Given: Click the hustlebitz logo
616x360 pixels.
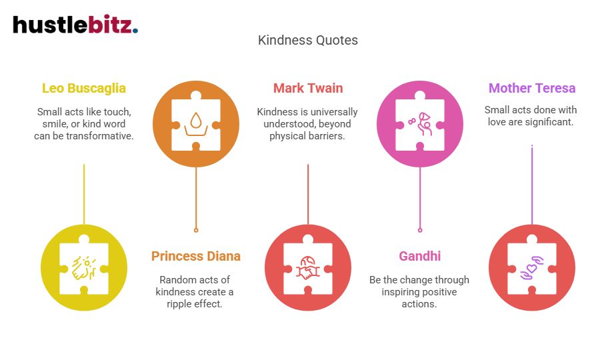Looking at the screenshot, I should tap(75, 25).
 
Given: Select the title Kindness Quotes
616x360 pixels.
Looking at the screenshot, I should tap(308, 40).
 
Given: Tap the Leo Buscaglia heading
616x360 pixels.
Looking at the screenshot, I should tap(84, 88).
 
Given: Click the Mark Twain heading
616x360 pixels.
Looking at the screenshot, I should tap(308, 88).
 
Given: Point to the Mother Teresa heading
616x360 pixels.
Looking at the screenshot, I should tap(532, 88).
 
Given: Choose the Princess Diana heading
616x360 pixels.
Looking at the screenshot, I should tap(196, 256).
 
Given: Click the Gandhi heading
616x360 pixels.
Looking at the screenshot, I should tap(420, 256).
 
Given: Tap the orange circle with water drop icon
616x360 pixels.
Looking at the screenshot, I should tap(196, 121).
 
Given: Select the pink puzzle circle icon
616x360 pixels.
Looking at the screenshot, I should tap(420, 121).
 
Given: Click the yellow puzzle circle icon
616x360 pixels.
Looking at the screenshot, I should tap(84, 268).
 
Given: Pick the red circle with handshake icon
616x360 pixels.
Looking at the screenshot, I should tap(308, 268).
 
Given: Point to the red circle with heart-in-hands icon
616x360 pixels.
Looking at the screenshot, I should tap(532, 268).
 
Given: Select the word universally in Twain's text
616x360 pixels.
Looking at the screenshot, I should tap(328, 112).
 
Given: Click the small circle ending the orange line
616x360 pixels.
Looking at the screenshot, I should tap(196, 230).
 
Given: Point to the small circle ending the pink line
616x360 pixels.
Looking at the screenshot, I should tap(420, 230).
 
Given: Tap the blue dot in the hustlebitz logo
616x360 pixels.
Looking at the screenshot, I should tap(135, 31).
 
